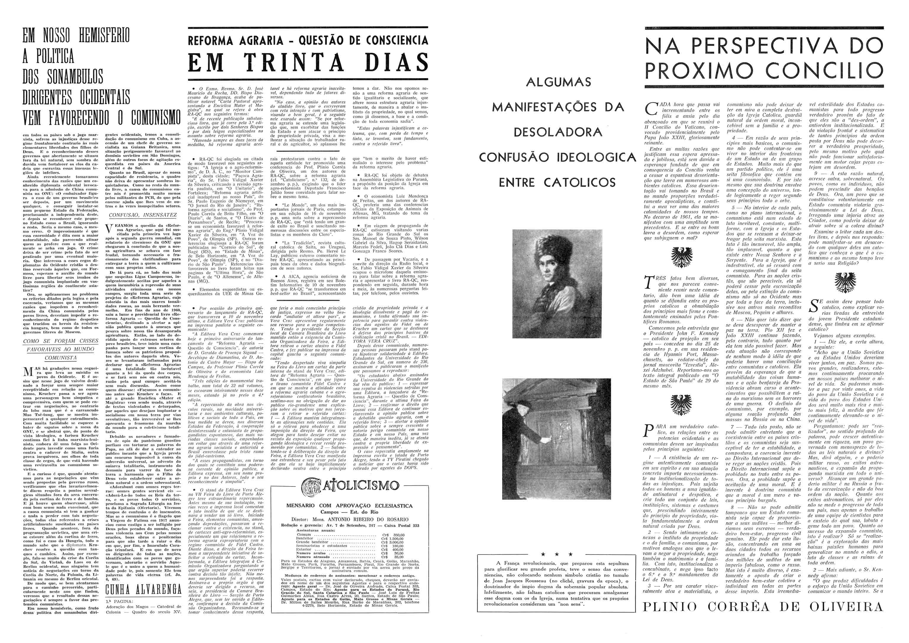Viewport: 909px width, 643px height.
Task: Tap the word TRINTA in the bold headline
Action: click(300, 62)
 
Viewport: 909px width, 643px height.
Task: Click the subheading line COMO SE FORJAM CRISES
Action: click(61, 341)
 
